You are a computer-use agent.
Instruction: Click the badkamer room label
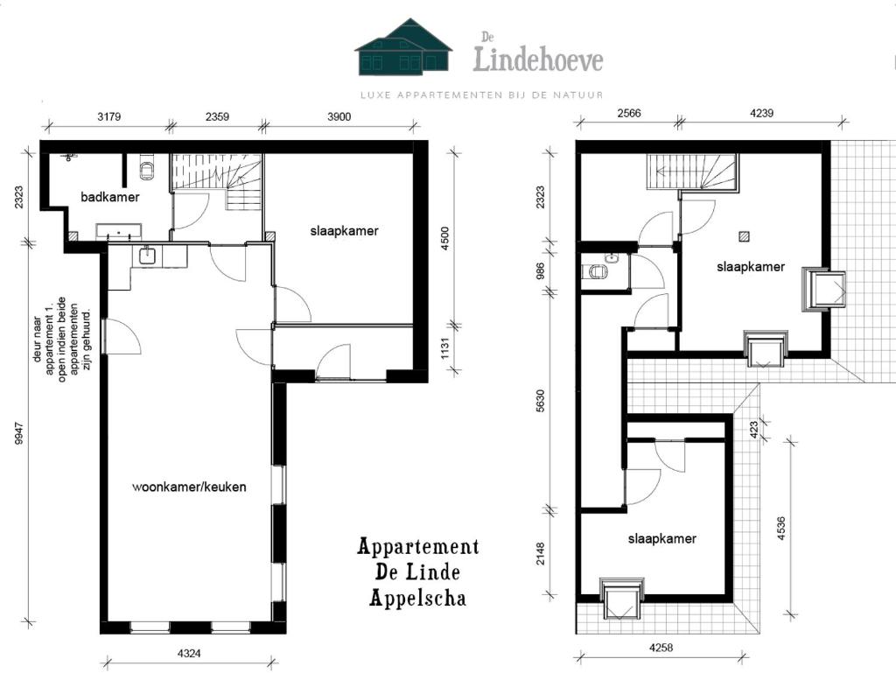coord(110,197)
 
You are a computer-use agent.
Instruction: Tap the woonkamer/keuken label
coord(189,487)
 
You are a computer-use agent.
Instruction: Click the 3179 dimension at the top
coord(108,116)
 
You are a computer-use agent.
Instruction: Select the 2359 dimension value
coord(217,116)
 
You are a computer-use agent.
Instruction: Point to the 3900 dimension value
coord(339,116)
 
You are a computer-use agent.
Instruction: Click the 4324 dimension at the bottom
coord(189,653)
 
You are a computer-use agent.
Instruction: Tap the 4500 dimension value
coord(445,238)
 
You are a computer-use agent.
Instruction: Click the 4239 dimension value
coord(762,113)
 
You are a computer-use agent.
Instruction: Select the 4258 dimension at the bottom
coord(661,648)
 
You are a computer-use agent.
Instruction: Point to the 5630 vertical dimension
coord(541,401)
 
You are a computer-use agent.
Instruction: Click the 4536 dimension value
coord(781,528)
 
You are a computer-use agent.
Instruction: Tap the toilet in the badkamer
coord(147,168)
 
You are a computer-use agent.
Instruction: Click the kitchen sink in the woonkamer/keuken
coord(147,255)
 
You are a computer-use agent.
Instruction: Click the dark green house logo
coord(403,47)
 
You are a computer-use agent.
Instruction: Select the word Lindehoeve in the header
coord(538,60)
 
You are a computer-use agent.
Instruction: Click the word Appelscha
coord(417,598)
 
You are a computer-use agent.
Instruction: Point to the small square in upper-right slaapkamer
coord(744,235)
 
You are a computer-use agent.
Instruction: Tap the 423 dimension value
coord(753,429)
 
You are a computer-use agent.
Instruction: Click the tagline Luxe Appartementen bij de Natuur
coord(481,95)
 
